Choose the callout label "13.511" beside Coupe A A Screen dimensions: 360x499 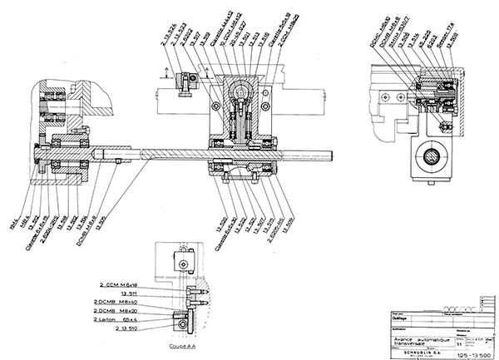pyautogui.click(x=128, y=293)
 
